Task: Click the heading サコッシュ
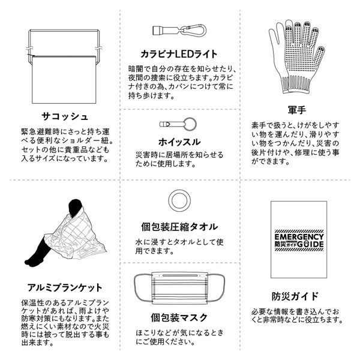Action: point(65,116)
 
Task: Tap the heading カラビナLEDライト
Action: point(179,54)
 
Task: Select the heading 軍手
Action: point(297,110)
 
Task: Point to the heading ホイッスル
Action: point(179,142)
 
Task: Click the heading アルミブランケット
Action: point(65,287)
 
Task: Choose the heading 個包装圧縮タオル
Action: point(179,227)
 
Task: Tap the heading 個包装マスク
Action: point(179,317)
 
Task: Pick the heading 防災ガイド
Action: point(295,296)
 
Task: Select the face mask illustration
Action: point(179,288)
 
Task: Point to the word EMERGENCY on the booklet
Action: point(299,237)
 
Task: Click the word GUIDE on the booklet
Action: point(310,244)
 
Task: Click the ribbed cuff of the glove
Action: point(296,85)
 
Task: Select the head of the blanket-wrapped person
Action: point(75,207)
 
